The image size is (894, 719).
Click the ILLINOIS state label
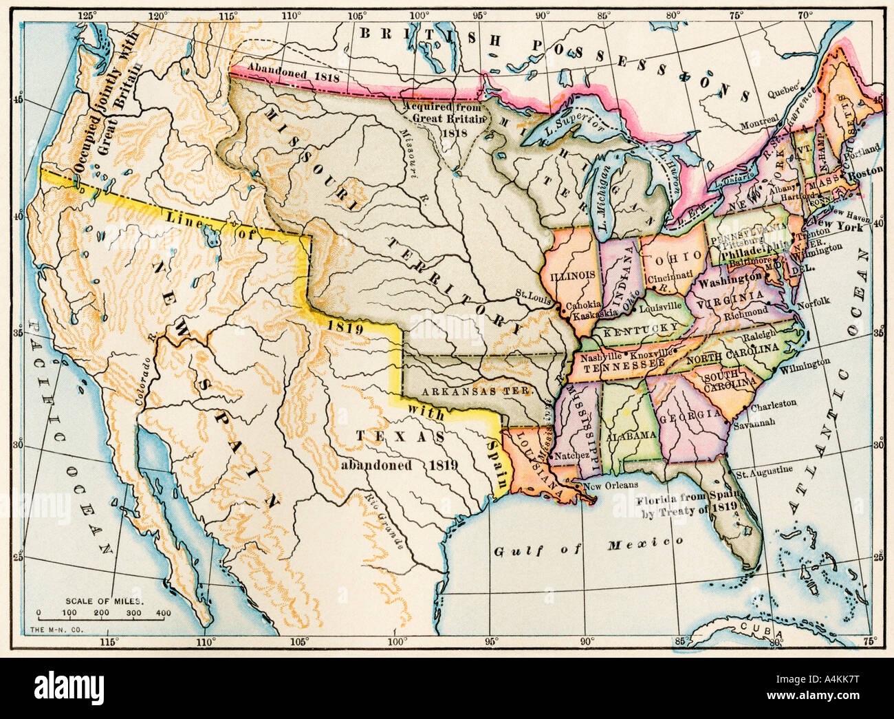572,275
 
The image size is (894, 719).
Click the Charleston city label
773,404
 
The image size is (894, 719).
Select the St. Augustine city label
763,471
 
